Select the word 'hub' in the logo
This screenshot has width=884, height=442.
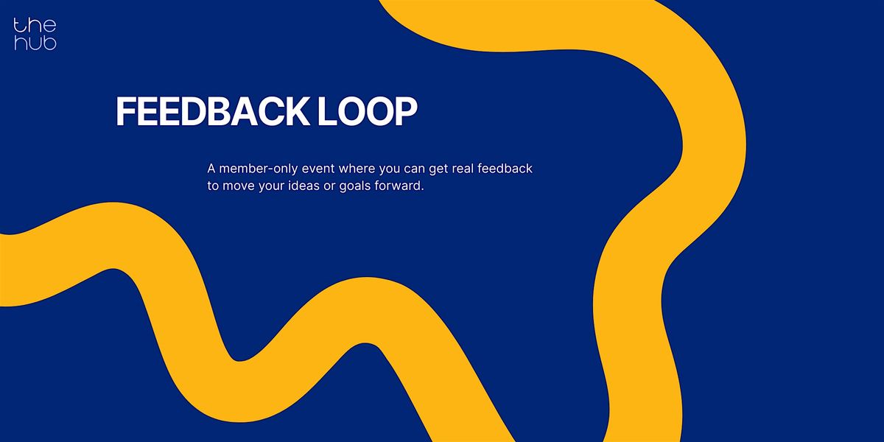click(x=35, y=43)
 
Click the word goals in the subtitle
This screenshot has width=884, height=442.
click(x=365, y=186)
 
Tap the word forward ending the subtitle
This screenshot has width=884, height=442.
click(x=405, y=186)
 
